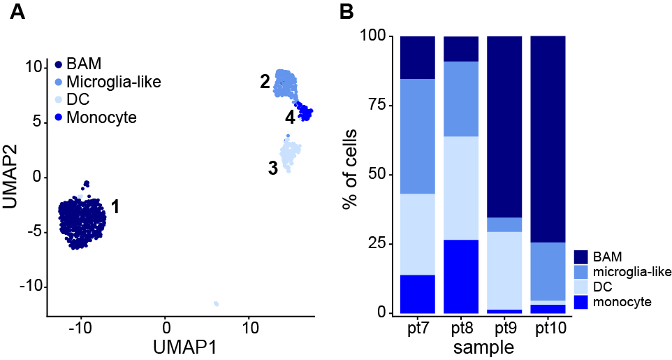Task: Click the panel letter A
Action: pyautogui.click(x=18, y=12)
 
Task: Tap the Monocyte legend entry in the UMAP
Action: pyautogui.click(x=101, y=117)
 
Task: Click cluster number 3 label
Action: pyautogui.click(x=273, y=167)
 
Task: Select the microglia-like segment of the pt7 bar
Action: pyautogui.click(x=418, y=136)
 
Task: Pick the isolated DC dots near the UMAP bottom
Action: pyautogui.click(x=217, y=303)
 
